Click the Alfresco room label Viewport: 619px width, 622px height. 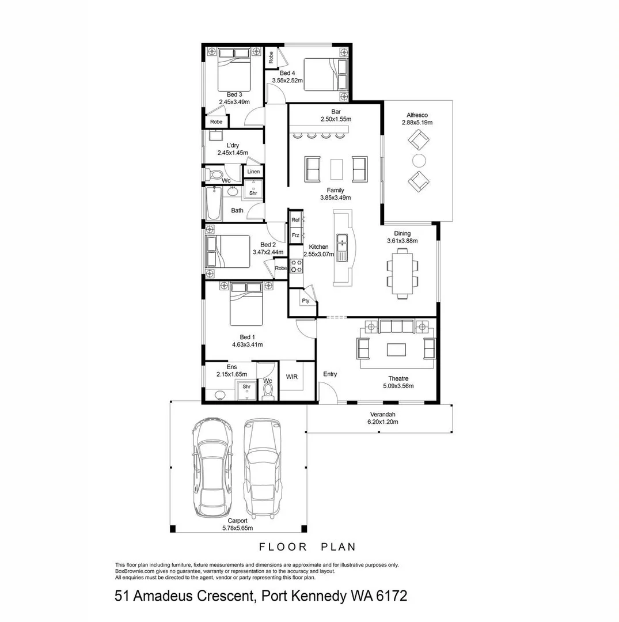(417, 115)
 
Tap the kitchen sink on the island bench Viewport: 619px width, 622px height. (343, 247)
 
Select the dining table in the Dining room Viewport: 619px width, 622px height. (402, 271)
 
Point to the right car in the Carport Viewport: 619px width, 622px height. (263, 468)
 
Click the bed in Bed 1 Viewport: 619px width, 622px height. (246, 305)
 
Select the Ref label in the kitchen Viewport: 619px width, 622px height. (295, 220)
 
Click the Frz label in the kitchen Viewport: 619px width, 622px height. (295, 235)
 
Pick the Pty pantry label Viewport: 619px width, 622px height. (305, 301)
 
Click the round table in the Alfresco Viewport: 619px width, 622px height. (419, 160)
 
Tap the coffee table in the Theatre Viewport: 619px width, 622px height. (396, 350)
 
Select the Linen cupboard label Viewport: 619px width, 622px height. (253, 172)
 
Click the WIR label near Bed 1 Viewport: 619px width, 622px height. (292, 377)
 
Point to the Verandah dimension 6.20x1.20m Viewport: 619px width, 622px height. (379, 422)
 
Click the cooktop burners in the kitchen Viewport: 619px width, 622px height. (297, 266)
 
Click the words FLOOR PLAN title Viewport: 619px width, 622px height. (307, 547)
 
